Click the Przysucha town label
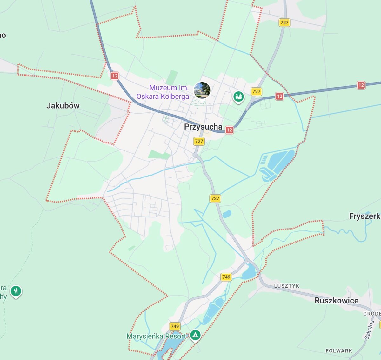pyautogui.click(x=203, y=127)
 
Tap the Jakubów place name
pyautogui.click(x=63, y=105)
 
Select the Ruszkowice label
pyautogui.click(x=337, y=300)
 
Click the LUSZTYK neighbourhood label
pyautogui.click(x=286, y=286)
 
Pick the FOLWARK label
pyautogui.click(x=339, y=351)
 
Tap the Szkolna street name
pyautogui.click(x=370, y=330)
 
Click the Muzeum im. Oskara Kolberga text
pyautogui.click(x=163, y=92)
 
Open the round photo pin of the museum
pyautogui.click(x=202, y=90)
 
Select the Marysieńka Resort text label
pyautogui.click(x=156, y=336)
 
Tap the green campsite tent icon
pyautogui.click(x=195, y=335)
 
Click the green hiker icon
pyautogui.click(x=16, y=291)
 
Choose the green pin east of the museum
pyautogui.click(x=238, y=96)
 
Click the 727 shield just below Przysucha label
pyautogui.click(x=199, y=141)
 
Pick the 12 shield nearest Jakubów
pyautogui.click(x=115, y=76)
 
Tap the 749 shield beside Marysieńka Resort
pyautogui.click(x=175, y=326)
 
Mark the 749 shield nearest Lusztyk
pyautogui.click(x=226, y=277)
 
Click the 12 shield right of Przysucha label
pyautogui.click(x=229, y=130)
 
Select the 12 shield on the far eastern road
pyautogui.click(x=361, y=85)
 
